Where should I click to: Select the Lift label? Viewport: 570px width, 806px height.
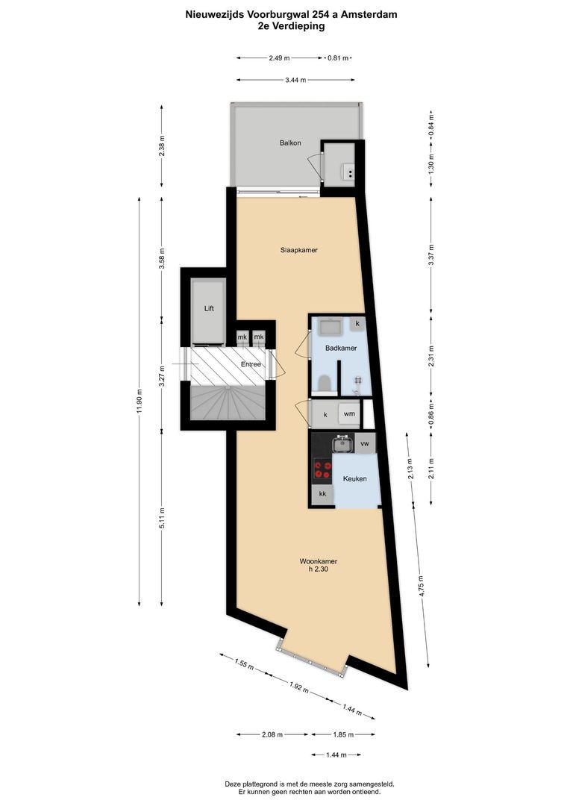[210, 307]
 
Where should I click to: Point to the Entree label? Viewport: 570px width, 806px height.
[251, 364]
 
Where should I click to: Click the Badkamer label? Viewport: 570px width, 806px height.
[341, 348]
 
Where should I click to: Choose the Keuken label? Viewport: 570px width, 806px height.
[354, 478]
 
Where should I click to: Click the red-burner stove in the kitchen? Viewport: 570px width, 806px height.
[322, 469]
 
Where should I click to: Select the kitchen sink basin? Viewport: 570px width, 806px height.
[343, 444]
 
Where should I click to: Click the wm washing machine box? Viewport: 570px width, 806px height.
[348, 413]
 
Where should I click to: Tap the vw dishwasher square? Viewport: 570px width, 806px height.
[366, 443]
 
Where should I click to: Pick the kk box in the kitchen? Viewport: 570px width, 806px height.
[322, 494]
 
